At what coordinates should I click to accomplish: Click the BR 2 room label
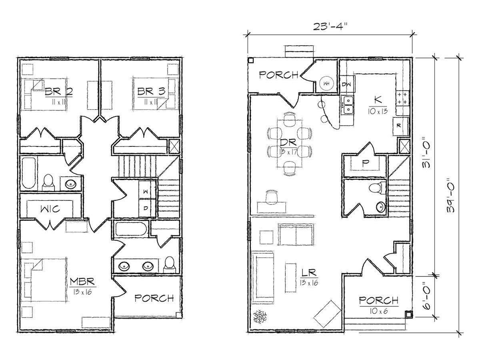[59, 91]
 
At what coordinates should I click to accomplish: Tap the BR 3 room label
[151, 91]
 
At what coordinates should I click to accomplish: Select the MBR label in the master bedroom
[82, 282]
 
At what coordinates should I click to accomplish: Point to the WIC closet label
[50, 209]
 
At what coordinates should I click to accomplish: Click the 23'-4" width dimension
[330, 27]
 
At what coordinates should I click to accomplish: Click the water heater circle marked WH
[326, 84]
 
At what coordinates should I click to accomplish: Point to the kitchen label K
[378, 100]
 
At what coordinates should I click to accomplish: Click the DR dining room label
[288, 142]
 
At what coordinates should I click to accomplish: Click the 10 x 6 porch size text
[379, 311]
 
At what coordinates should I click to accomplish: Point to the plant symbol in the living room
[260, 316]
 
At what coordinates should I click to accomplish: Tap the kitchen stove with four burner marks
[402, 98]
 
